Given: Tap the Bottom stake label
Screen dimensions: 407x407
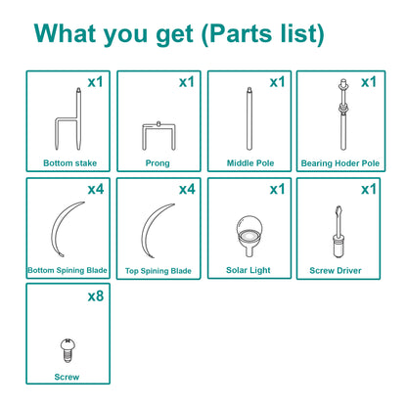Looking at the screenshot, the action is [x=70, y=163].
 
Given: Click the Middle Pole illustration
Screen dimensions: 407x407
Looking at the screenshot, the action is [x=249, y=118].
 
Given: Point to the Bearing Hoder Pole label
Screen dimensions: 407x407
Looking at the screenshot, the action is [x=340, y=163].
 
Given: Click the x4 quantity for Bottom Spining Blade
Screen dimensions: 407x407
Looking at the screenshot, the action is [x=96, y=189].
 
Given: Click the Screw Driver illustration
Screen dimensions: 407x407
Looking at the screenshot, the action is [x=338, y=232].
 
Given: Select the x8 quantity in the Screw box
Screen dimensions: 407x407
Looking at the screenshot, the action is [x=96, y=296].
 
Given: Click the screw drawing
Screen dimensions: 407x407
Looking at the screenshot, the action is [x=68, y=350].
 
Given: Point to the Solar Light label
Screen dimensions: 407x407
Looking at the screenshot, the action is [x=249, y=270].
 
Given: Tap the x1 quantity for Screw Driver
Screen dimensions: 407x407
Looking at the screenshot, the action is [x=369, y=189].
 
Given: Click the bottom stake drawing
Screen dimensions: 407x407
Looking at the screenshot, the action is [x=78, y=118].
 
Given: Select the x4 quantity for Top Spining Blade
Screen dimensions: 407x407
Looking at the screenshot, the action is [x=187, y=189].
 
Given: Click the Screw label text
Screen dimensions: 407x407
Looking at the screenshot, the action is [x=67, y=377].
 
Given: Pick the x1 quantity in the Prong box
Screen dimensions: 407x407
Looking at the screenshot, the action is [x=187, y=82].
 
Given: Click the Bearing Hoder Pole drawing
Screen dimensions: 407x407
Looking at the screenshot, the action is [x=343, y=114].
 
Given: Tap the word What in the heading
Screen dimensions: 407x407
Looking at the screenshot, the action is [x=66, y=33].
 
